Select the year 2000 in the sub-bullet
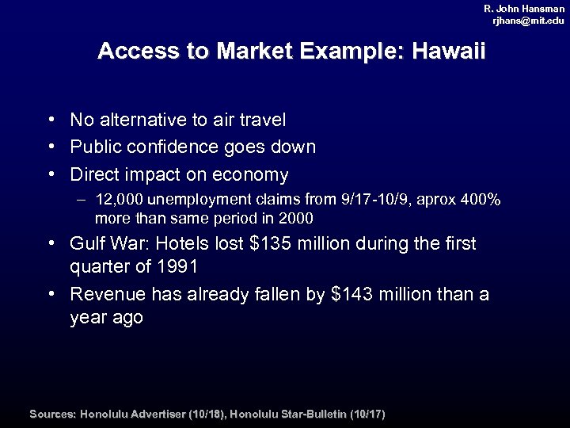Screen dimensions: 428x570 coord(295,218)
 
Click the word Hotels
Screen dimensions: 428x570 coord(190,244)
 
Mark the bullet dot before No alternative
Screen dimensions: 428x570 coord(50,120)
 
